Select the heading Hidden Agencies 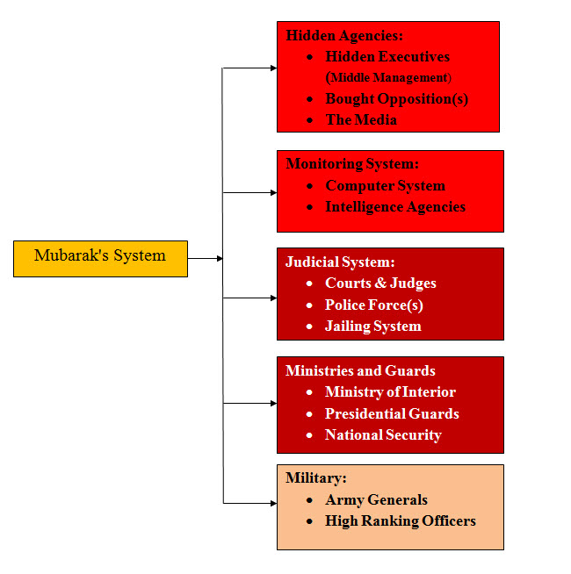[344, 36]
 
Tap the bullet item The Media [361, 119]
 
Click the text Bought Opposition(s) [396, 98]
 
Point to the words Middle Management [388, 78]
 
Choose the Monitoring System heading [352, 164]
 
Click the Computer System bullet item [385, 186]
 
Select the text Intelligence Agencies [395, 207]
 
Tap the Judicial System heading [340, 262]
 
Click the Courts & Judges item [380, 283]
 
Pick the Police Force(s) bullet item [373, 305]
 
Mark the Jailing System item [372, 326]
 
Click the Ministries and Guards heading [360, 370]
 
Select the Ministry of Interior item [390, 391]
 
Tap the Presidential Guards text [392, 413]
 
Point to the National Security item [383, 434]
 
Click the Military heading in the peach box [315, 478]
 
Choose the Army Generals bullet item [376, 499]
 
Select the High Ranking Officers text [400, 520]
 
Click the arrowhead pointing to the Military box [271, 503]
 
